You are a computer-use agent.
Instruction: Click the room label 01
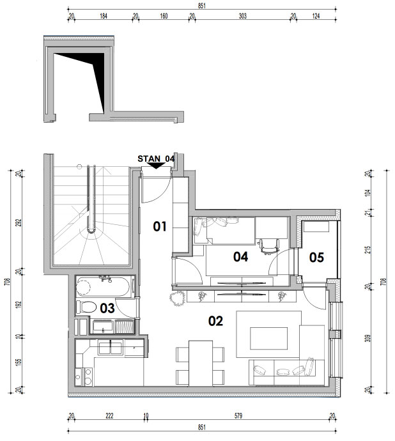(160, 226)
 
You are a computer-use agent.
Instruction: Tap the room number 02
(215, 321)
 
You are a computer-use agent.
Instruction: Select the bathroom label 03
(107, 309)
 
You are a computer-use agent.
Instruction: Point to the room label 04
(240, 257)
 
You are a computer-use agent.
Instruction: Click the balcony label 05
(316, 258)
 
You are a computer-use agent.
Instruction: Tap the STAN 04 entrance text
(156, 159)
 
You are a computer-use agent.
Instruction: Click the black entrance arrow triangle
(157, 166)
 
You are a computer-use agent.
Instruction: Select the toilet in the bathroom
(86, 307)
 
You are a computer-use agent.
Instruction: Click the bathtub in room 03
(103, 286)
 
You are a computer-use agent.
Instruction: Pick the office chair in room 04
(270, 246)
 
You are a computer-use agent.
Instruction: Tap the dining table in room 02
(201, 364)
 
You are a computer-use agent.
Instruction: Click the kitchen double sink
(111, 347)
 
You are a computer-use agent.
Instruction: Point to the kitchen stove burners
(84, 377)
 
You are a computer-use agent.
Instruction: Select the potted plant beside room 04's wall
(176, 298)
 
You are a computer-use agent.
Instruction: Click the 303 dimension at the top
(242, 16)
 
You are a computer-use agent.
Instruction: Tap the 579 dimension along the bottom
(238, 415)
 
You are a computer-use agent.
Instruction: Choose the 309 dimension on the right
(368, 338)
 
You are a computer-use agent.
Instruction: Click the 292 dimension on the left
(19, 223)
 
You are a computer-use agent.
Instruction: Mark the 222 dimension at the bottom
(109, 415)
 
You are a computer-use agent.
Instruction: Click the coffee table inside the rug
(269, 338)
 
